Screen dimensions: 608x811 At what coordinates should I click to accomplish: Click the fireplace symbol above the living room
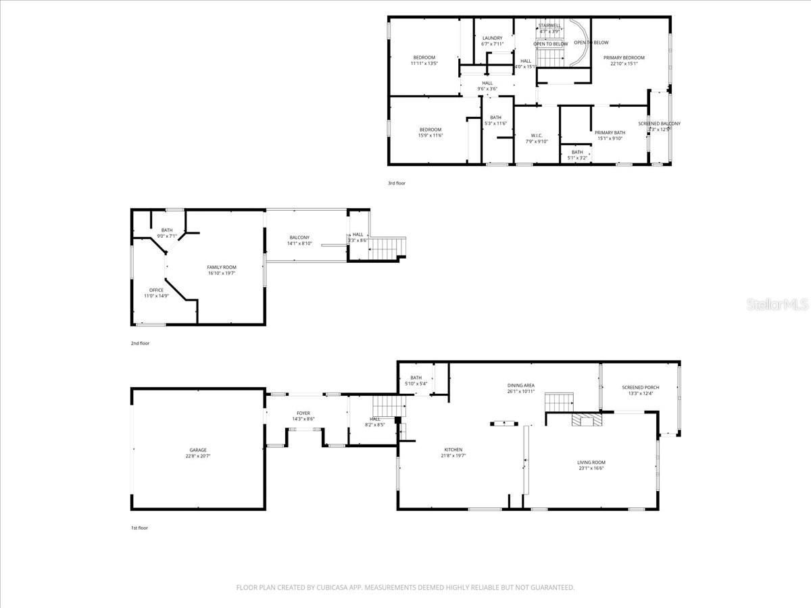click(585, 421)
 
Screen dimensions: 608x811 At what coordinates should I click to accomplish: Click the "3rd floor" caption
click(397, 183)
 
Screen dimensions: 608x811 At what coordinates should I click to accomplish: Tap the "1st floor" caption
click(139, 528)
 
